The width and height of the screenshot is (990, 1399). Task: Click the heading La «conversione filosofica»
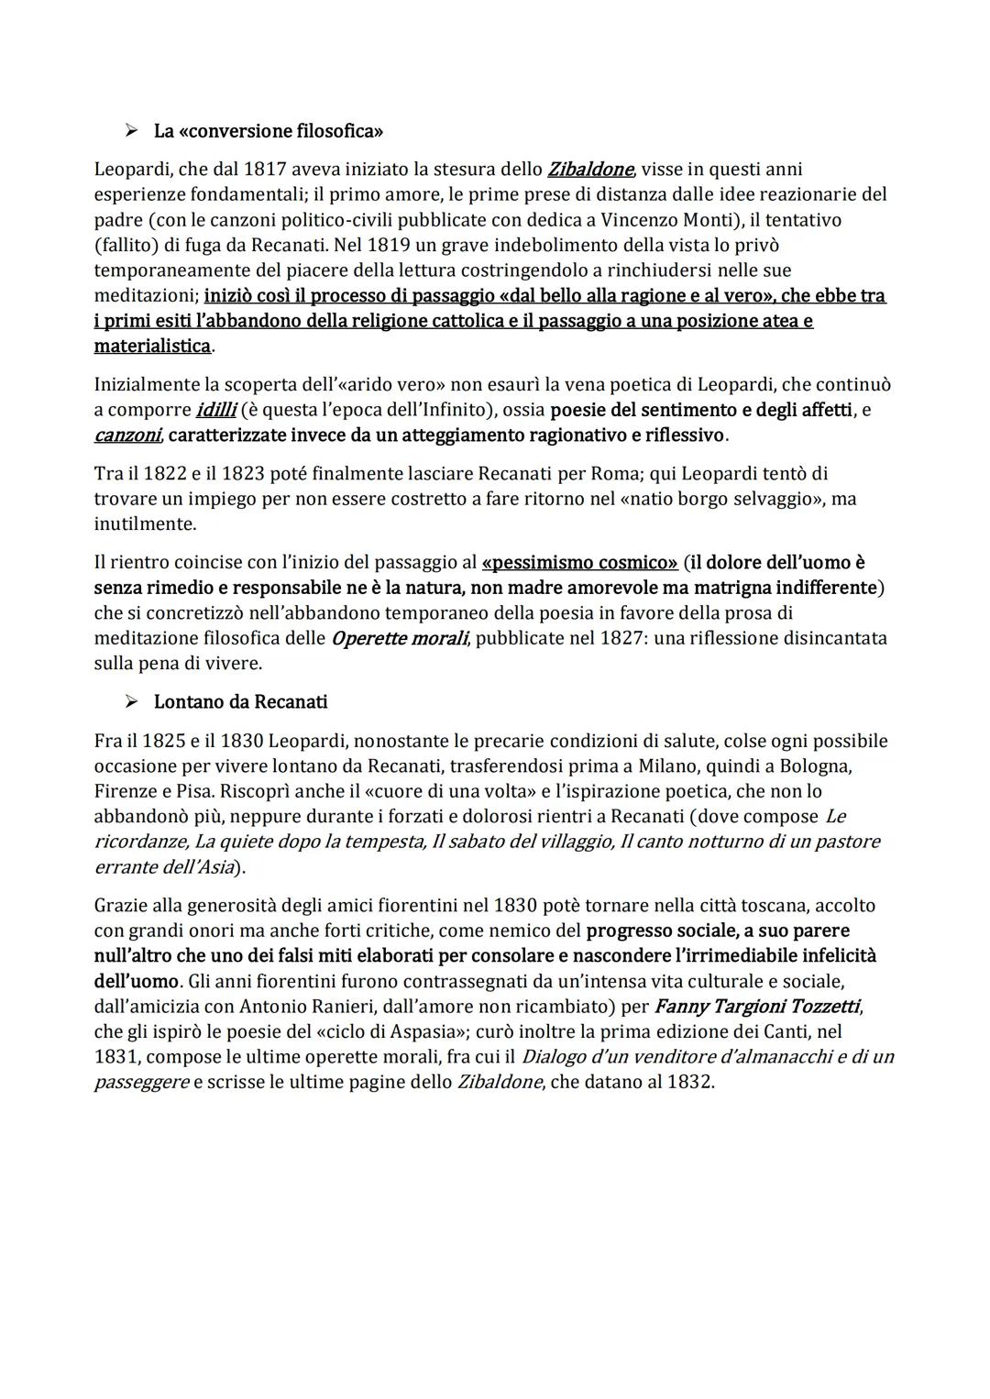(268, 131)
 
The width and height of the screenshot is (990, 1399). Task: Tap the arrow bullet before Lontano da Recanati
(132, 702)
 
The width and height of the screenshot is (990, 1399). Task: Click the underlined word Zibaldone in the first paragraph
(590, 170)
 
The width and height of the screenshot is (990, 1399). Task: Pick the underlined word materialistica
(152, 347)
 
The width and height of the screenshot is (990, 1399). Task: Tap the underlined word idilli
(216, 410)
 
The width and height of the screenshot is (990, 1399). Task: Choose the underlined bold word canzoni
(127, 435)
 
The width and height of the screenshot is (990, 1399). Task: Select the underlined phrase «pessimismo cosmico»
(579, 562)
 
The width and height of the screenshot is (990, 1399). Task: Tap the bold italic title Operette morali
(400, 639)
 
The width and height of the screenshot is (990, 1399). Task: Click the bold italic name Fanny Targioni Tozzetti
(757, 1007)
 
